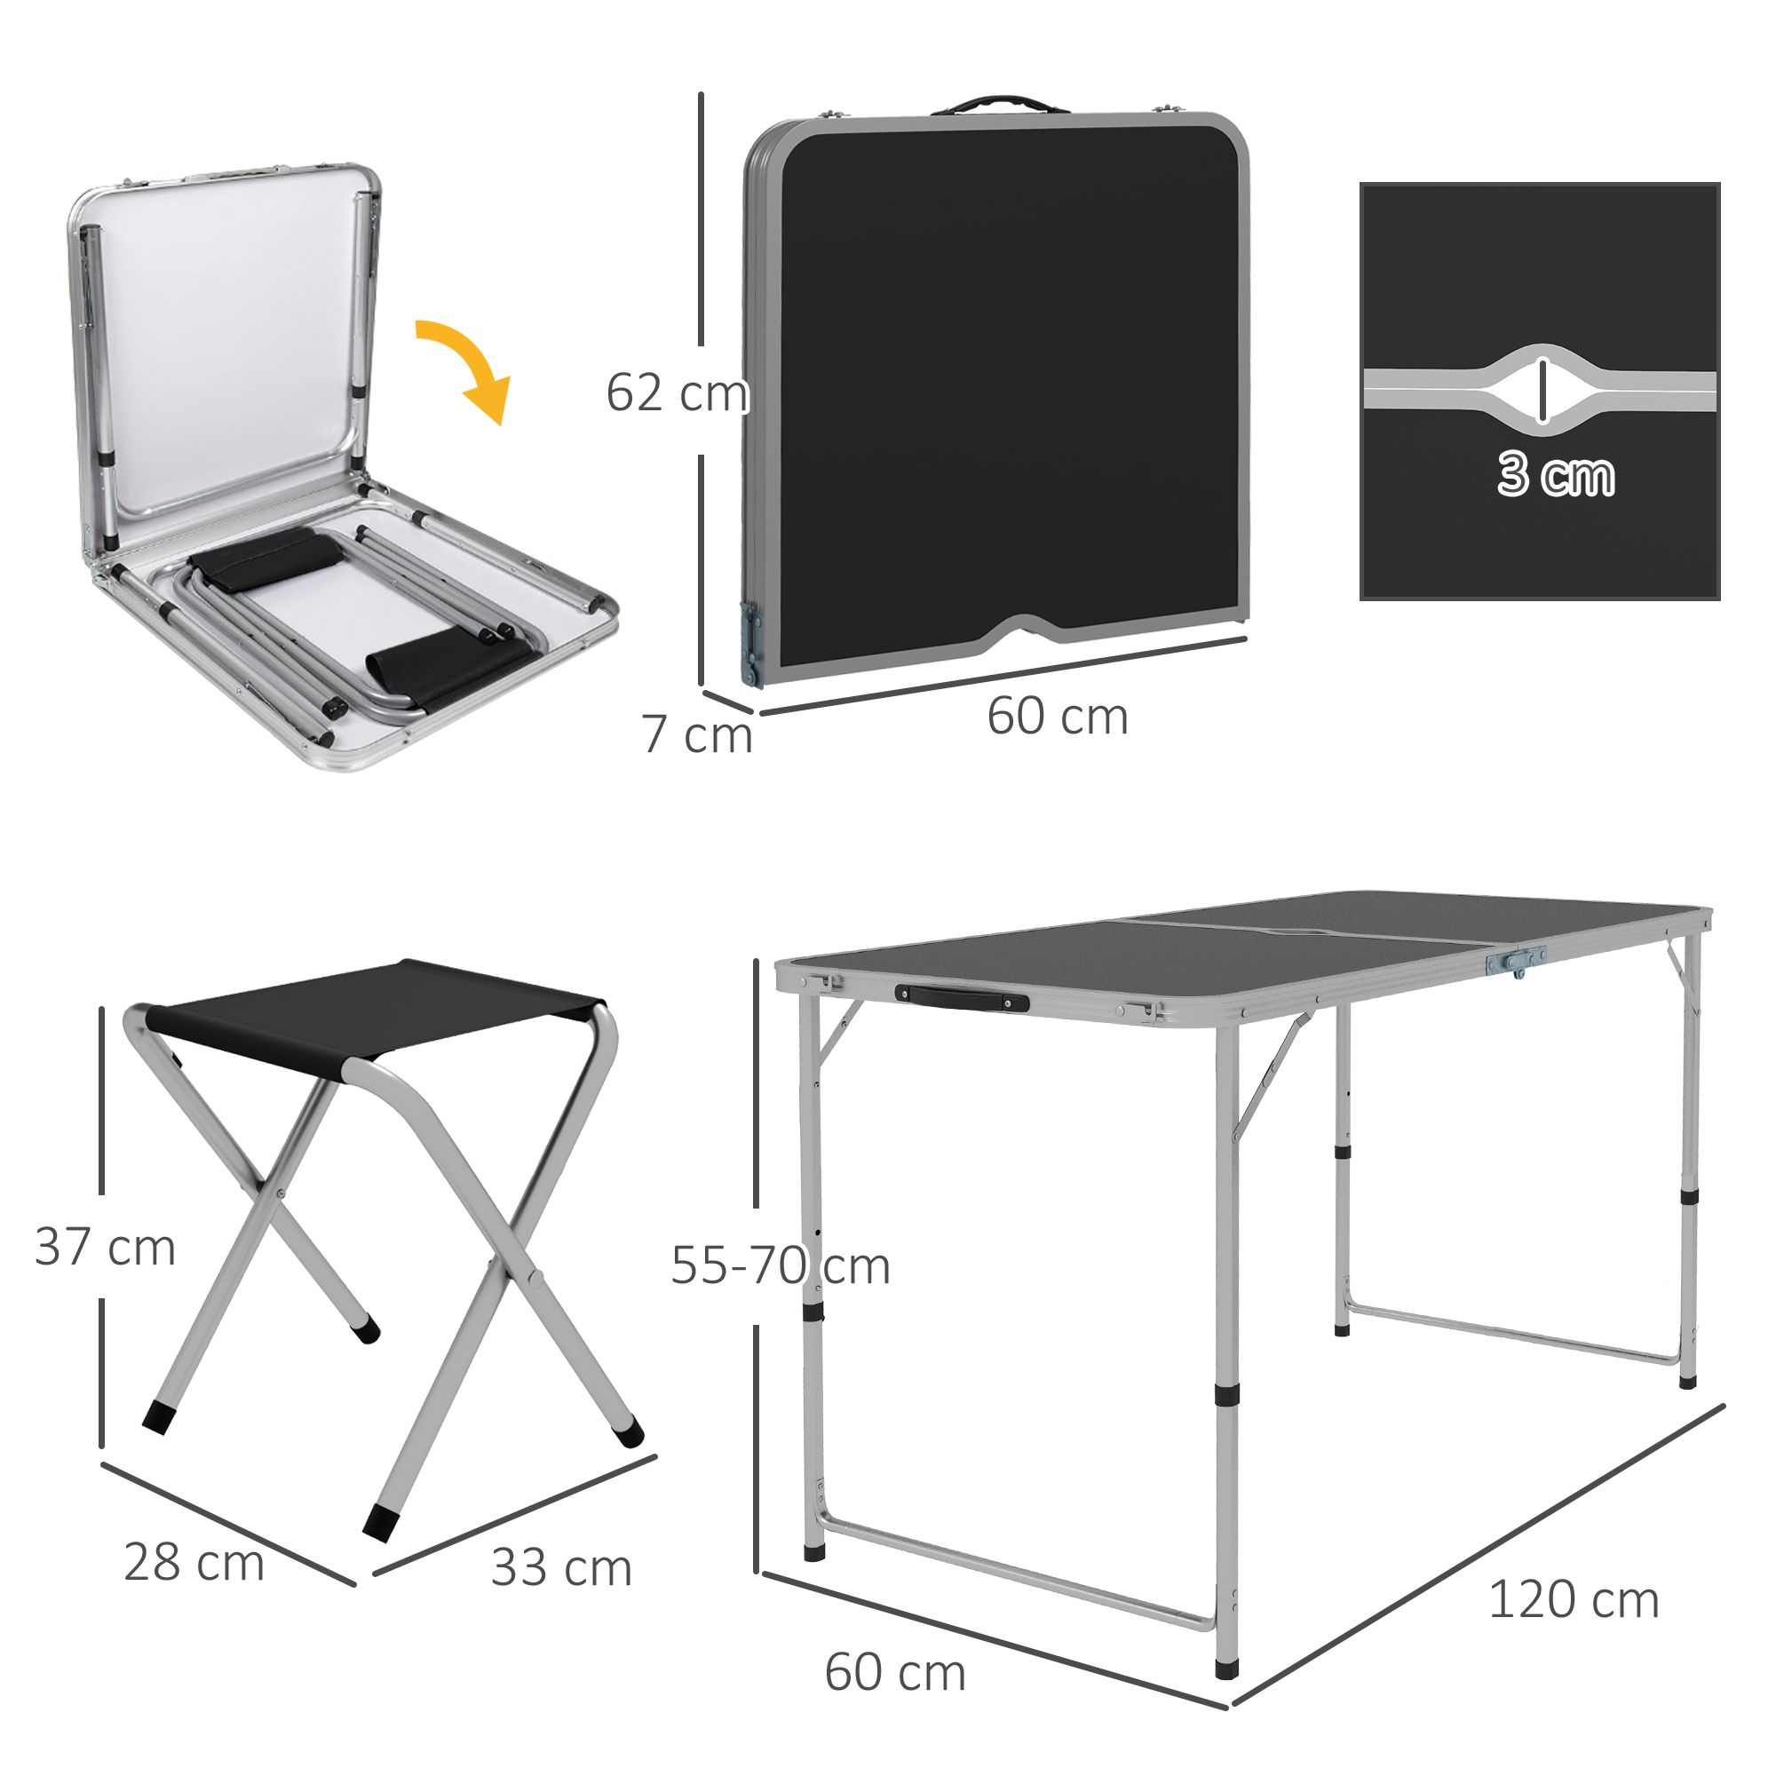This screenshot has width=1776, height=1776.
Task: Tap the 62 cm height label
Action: [x=677, y=393]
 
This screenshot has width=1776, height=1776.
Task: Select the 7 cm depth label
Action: [x=697, y=734]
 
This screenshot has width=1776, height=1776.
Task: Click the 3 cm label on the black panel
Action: [x=1556, y=475]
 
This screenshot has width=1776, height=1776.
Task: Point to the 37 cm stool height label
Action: [x=105, y=1248]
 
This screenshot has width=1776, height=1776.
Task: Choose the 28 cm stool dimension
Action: [x=194, y=1562]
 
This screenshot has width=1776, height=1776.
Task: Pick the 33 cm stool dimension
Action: [x=562, y=1567]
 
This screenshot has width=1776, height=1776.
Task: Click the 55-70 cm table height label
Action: [x=780, y=1265]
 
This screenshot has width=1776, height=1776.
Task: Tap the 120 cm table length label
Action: [x=1573, y=1600]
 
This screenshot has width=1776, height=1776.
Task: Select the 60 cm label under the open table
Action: [x=894, y=1672]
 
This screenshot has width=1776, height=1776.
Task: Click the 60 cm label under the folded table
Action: [x=1057, y=716]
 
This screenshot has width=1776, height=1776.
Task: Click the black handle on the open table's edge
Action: [x=962, y=997]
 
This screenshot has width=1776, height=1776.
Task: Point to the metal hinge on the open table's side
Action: [x=1515, y=962]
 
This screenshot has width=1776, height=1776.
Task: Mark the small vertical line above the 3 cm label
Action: [x=1542, y=389]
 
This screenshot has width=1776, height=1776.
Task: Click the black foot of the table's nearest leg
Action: [x=1226, y=1666]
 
